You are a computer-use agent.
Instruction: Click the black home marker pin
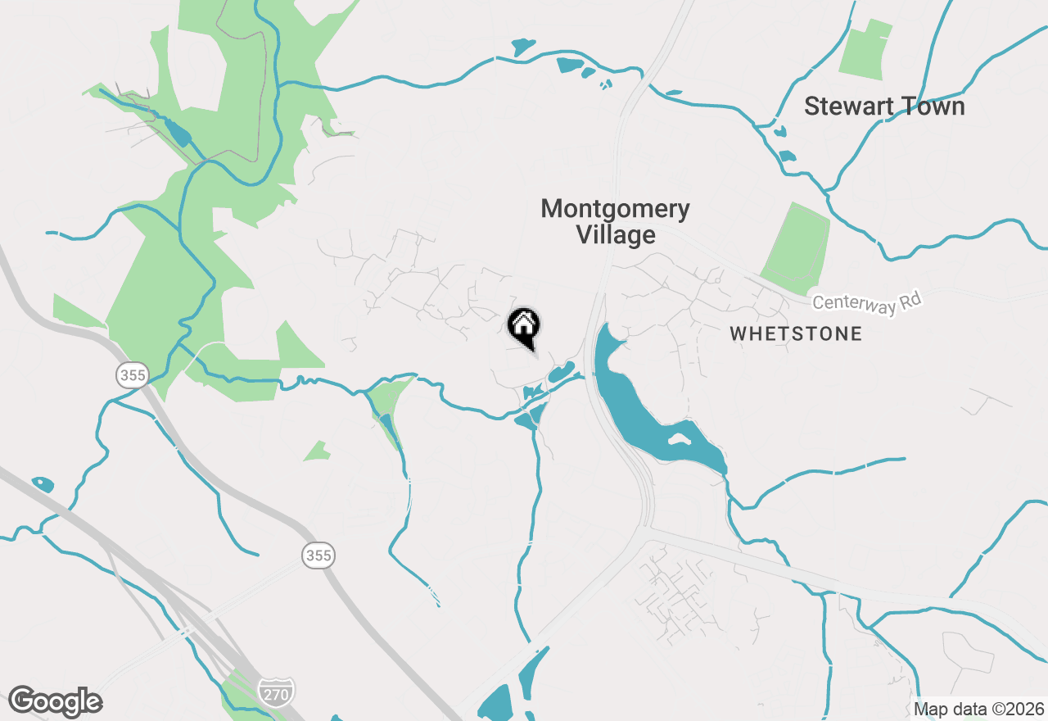(524, 326)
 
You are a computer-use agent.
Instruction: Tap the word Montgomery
(615, 209)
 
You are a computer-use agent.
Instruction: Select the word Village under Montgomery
(616, 235)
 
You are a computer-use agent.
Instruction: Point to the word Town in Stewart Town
(932, 107)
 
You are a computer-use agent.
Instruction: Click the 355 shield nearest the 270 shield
(318, 555)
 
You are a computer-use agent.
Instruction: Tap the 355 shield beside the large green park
(131, 376)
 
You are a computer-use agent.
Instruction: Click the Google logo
(55, 701)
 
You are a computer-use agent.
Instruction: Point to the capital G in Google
(22, 701)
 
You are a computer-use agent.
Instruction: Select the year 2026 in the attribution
(1023, 709)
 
